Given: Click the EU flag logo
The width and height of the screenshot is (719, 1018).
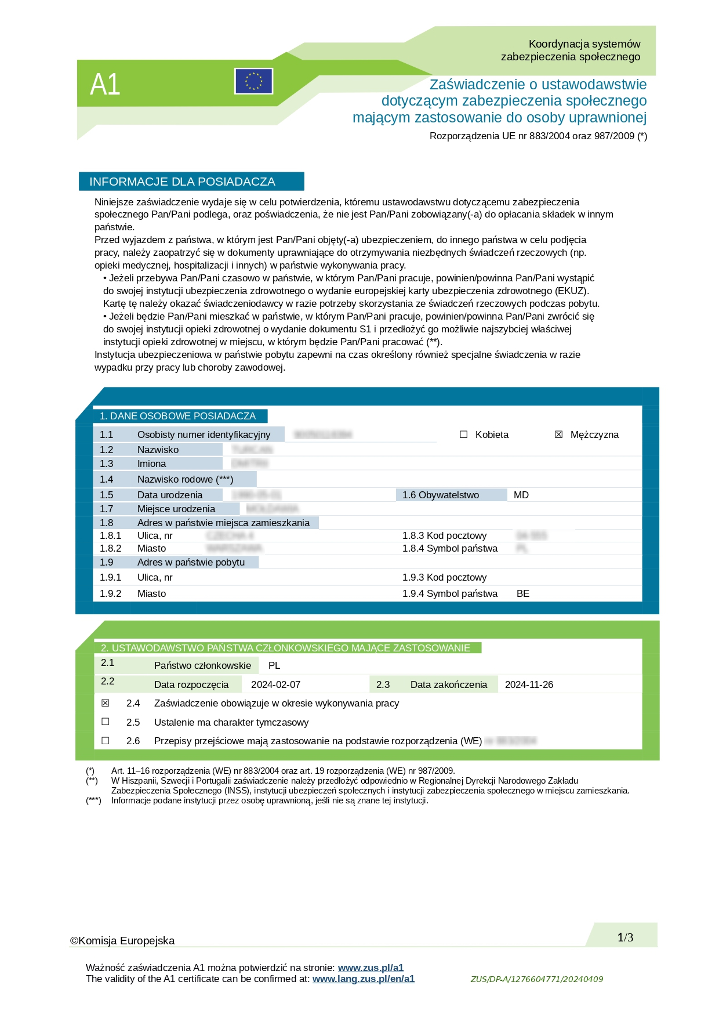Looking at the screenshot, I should [253, 81].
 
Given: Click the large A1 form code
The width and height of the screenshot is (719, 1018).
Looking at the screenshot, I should [105, 85].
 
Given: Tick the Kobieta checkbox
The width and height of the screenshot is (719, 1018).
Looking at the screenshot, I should [463, 434].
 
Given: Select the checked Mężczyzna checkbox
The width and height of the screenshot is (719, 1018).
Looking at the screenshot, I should [558, 434].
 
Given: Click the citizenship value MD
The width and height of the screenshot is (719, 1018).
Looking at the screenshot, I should [521, 495].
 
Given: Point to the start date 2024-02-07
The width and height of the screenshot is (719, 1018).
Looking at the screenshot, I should [275, 684].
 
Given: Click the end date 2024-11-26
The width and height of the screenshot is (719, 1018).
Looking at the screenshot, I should [529, 684].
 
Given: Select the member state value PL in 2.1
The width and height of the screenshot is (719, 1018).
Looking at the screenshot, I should [274, 665].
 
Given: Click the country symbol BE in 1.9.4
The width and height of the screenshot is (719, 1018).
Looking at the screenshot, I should [522, 593].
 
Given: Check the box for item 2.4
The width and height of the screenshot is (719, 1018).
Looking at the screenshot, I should [105, 703].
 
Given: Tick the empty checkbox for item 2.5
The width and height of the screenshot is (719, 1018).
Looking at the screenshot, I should [105, 722].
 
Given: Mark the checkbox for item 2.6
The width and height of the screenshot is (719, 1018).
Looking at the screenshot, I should [105, 741].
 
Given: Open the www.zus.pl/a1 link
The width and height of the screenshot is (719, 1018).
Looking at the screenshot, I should [371, 968].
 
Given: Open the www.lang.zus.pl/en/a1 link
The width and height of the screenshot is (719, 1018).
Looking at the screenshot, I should [363, 979].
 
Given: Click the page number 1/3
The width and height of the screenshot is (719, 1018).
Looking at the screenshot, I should [625, 937].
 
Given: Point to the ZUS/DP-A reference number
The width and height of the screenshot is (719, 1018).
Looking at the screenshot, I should [536, 979].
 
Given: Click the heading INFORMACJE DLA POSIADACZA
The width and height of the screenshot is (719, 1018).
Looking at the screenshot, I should [182, 182].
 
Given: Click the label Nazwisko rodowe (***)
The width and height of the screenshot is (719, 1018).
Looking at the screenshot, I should [185, 479].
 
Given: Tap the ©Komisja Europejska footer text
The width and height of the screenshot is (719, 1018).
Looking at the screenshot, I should [122, 940].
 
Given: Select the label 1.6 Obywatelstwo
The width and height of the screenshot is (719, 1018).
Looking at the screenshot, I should [441, 495].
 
